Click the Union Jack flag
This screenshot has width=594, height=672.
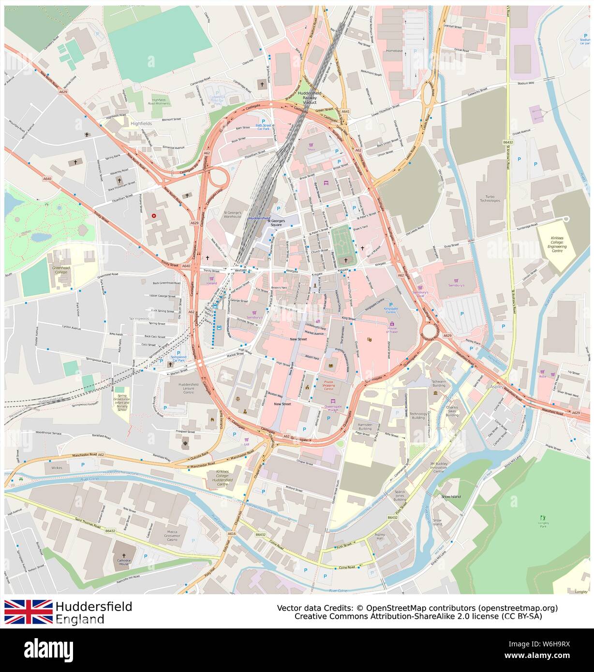(x=29, y=612)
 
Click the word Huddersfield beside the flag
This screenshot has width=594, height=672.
(x=93, y=607)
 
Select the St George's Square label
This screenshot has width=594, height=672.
(x=277, y=222)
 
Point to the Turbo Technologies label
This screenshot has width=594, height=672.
(x=490, y=198)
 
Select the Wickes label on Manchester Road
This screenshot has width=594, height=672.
(x=57, y=468)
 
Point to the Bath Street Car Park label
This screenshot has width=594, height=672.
(x=263, y=127)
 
